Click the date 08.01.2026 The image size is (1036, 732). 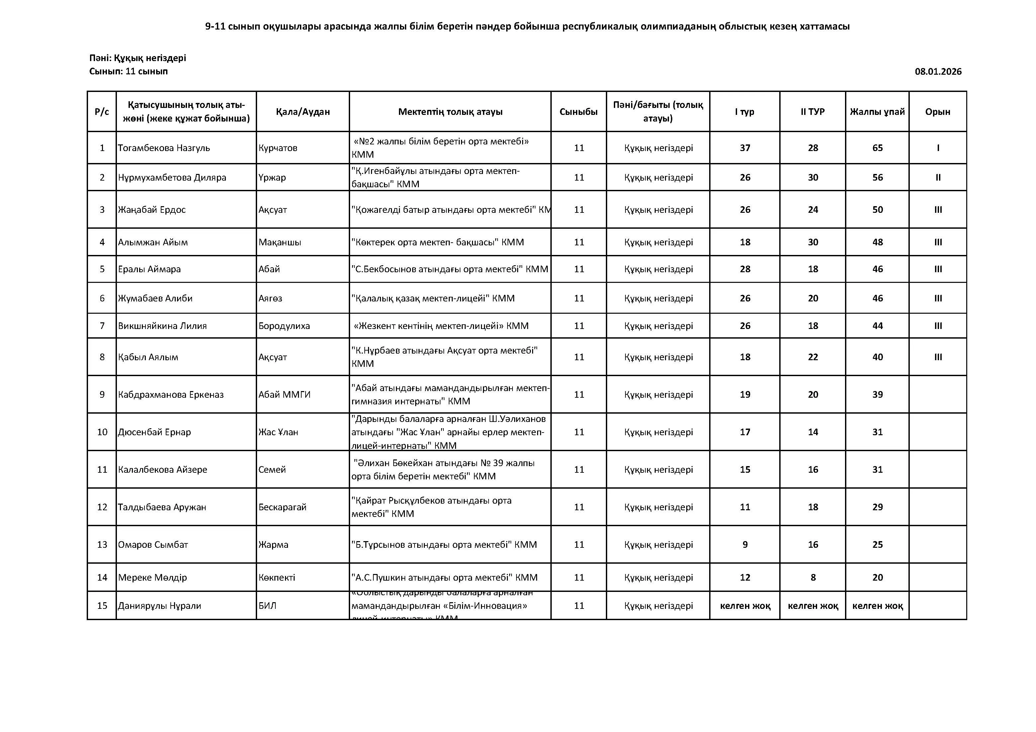click(938, 72)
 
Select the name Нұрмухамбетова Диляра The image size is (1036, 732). click(172, 178)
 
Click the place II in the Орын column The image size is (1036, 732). click(938, 178)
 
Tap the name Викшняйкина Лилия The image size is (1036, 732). click(162, 326)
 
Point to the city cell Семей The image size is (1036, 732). click(272, 469)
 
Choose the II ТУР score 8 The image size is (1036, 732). click(813, 578)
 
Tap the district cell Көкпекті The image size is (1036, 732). click(277, 578)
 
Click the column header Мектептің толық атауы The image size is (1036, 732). click(450, 112)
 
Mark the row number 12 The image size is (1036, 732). click(102, 507)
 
